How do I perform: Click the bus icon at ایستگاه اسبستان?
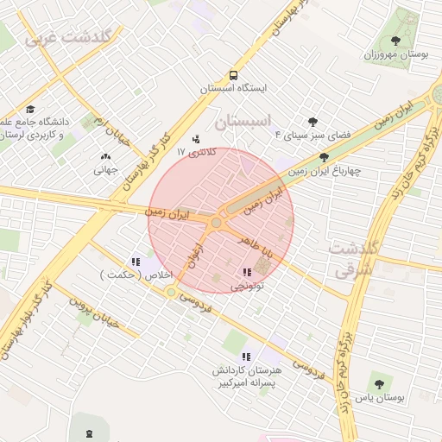pos(233,75)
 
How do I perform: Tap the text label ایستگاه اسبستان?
pos(234,88)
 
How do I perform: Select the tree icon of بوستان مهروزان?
pos(395,40)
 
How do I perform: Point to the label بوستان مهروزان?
pos(396,54)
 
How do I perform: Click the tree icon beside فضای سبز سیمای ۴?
pos(312,122)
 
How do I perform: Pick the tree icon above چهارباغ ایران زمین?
pos(324,157)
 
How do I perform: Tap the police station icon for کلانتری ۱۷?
pos(196,138)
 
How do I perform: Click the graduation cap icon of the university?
pos(31,109)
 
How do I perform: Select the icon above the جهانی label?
pos(105,157)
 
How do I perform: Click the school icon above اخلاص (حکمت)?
pos(135,262)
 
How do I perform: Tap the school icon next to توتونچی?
pos(248,271)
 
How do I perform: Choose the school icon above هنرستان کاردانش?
pos(246,356)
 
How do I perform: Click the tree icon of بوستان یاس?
pos(378,384)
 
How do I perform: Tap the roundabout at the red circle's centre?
pos(216,223)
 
